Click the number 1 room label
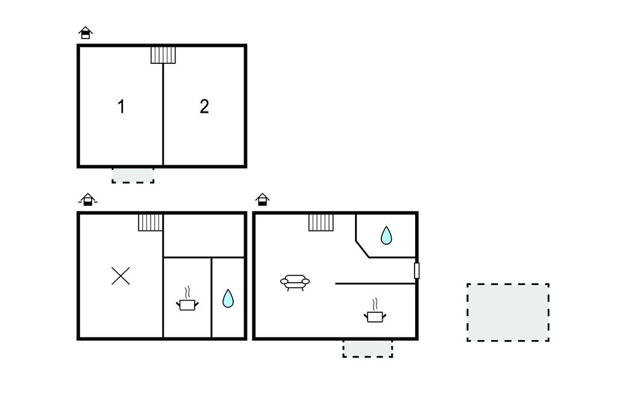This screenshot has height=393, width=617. tap(121, 106)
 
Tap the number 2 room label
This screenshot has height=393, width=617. tap(204, 106)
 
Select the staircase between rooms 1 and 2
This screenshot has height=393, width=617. tap(163, 55)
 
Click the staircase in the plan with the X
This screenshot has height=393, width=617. tap(150, 222)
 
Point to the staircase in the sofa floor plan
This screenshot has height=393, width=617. tap(321, 222)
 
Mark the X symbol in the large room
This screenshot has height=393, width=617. tap(121, 275)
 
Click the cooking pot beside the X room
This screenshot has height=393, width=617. tap(187, 300)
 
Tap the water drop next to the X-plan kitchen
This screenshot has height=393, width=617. tap(228, 298)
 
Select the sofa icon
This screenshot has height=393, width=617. tap(295, 282)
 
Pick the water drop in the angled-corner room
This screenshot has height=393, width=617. tap(386, 236)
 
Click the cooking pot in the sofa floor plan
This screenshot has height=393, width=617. tap(375, 311)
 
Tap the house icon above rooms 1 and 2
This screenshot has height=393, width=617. tap(86, 33)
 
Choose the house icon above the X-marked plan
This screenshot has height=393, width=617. tap(88, 200)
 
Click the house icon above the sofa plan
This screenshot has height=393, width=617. tap(263, 200)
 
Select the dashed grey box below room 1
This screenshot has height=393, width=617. tap(133, 175)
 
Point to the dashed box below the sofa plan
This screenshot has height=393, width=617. tap(368, 348)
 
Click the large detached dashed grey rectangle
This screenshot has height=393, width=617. tap(508, 312)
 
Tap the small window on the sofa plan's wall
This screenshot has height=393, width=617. tap(417, 271)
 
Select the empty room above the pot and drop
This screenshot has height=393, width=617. tap(204, 236)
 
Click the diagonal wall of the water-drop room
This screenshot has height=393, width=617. tap(362, 249)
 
